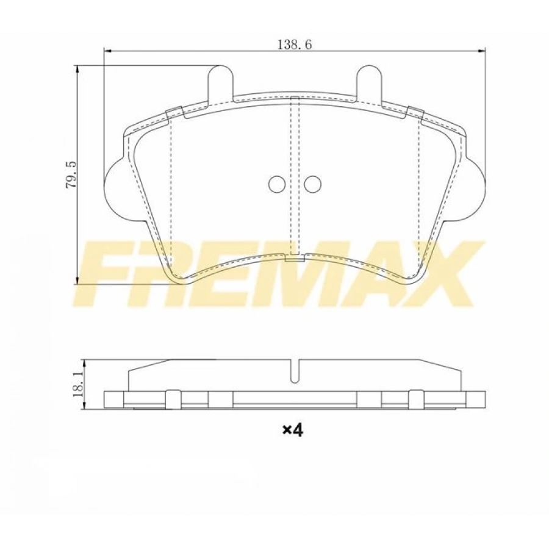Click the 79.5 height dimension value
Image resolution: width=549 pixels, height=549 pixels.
(x=71, y=175)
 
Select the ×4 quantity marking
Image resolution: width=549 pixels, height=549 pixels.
(x=293, y=430)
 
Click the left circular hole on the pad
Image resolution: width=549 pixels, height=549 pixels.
(x=277, y=184)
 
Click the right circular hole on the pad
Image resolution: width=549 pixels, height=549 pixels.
(x=313, y=184)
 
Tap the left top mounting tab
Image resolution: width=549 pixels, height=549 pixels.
(x=221, y=81)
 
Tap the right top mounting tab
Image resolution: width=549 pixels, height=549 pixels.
(x=370, y=81)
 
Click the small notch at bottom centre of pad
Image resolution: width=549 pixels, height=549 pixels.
(x=295, y=258)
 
